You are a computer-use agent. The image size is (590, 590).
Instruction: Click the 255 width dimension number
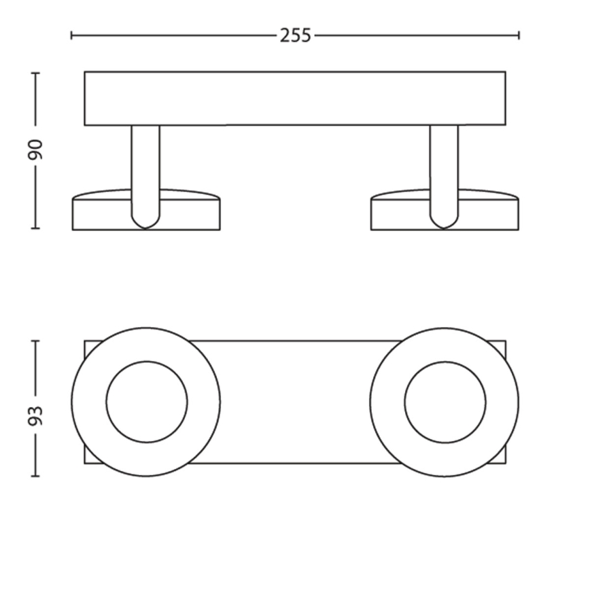[x=295, y=35]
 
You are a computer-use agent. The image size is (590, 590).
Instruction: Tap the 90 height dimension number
[x=35, y=150]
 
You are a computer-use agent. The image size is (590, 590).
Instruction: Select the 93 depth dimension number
[x=35, y=415]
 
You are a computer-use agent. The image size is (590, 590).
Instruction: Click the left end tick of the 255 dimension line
[x=72, y=35]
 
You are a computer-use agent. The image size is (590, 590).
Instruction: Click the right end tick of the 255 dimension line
[x=519, y=35]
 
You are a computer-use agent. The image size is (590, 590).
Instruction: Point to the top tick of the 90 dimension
[x=35, y=72]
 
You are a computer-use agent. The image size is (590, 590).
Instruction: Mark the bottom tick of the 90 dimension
[x=35, y=228]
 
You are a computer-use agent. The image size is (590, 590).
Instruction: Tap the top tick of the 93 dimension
[x=35, y=341]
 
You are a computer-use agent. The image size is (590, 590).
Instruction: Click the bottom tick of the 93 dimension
[x=35, y=476]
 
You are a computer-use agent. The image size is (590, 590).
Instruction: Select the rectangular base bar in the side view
[x=295, y=99]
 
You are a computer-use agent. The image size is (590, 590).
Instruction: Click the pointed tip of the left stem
[x=145, y=226]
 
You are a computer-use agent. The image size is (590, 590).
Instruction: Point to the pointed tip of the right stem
[x=444, y=226]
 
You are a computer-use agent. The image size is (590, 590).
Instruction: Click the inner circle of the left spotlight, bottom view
[x=146, y=402]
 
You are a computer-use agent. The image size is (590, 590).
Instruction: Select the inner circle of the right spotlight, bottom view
[x=445, y=402]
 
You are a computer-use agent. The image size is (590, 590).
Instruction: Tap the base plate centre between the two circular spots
[x=295, y=402]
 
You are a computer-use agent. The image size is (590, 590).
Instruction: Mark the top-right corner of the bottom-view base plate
[x=505, y=342]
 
